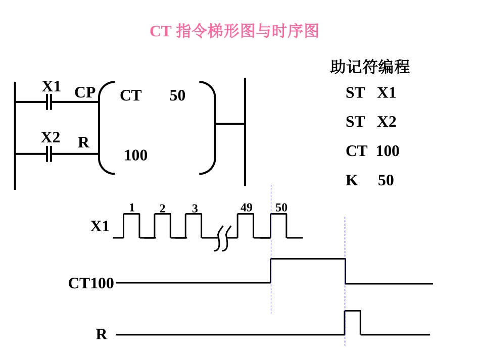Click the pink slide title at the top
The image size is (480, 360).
234,31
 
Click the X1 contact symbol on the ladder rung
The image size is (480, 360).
49,102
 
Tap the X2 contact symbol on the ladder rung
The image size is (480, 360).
49,153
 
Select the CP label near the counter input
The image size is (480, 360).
85,92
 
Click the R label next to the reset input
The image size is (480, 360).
83,143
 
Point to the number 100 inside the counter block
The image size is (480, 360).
135,156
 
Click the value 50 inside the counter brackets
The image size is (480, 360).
177,95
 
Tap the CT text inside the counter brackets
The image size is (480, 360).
130,95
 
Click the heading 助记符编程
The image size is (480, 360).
369,67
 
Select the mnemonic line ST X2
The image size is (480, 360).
371,122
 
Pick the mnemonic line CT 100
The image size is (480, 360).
372,151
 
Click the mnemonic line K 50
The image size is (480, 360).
369,180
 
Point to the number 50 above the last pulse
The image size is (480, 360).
281,208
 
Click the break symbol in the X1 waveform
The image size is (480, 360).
222,238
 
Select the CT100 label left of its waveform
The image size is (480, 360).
91,283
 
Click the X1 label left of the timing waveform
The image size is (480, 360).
100,226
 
